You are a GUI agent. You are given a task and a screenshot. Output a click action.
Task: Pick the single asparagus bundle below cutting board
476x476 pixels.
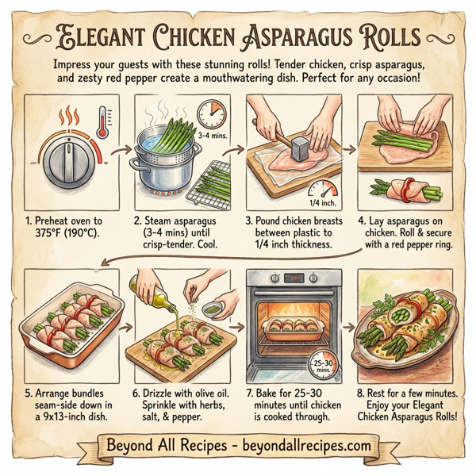pyautogui.click(x=405, y=190)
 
